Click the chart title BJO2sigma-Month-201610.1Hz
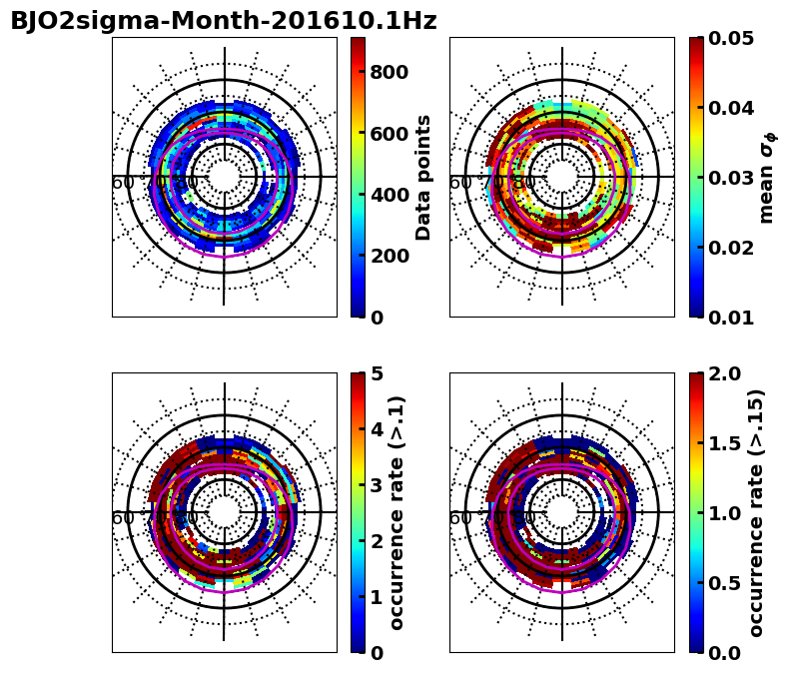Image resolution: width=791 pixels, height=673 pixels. click(223, 21)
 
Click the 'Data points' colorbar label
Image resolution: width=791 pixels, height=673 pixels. click(423, 177)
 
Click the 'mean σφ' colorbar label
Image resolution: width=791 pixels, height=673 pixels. click(767, 177)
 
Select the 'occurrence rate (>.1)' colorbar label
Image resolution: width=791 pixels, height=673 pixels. click(396, 512)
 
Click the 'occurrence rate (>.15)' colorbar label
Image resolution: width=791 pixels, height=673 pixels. click(756, 512)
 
